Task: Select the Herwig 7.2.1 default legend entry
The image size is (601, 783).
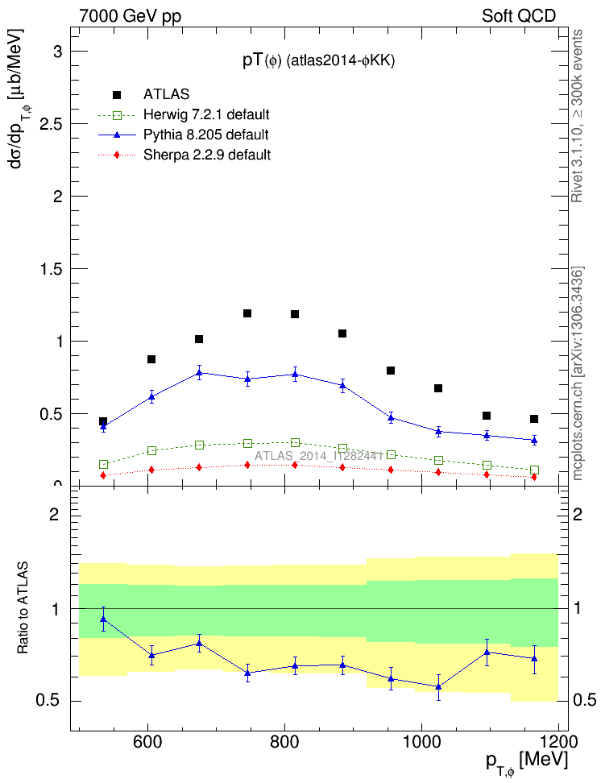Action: click(206, 114)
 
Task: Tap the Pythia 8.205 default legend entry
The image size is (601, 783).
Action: click(206, 135)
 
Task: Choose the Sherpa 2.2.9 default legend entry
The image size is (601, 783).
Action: click(206, 155)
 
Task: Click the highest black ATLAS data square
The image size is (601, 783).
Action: click(247, 313)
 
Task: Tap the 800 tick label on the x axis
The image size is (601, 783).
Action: click(284, 741)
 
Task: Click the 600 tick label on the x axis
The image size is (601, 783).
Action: click(147, 741)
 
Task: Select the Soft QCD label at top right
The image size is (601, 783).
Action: click(519, 16)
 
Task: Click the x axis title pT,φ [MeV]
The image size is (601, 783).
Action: click(525, 761)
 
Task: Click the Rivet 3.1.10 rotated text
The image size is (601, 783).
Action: click(578, 117)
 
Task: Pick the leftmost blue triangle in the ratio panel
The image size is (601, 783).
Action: click(103, 619)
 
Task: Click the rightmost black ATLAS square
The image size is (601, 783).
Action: click(534, 419)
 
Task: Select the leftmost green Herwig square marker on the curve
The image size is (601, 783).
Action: click(103, 465)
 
